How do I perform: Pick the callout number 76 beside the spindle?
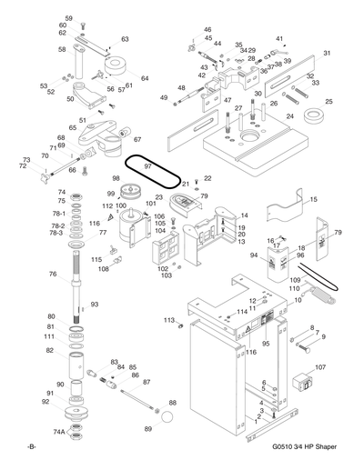coord(53,274)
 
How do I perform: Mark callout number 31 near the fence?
coord(327,54)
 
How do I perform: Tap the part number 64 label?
coord(144,79)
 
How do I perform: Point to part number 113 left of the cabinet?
coord(168,320)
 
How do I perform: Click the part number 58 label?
coord(62,49)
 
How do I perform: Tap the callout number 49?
coord(164,97)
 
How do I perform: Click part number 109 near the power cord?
coord(294,281)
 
